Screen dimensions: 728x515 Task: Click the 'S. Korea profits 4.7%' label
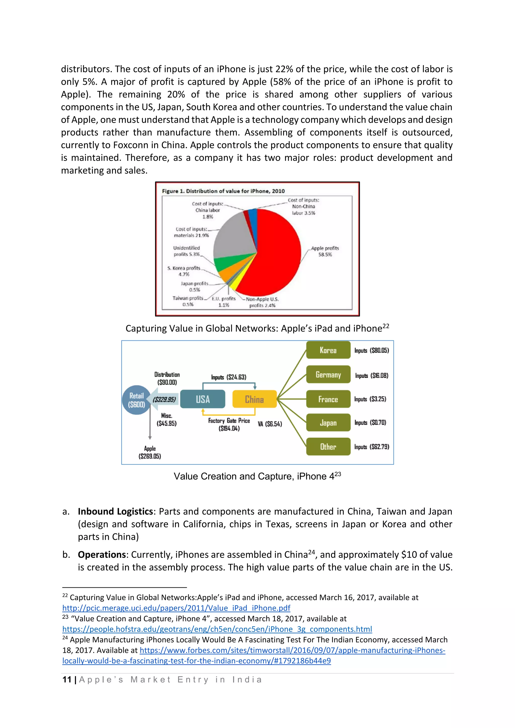(184, 271)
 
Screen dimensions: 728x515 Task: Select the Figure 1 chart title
(223, 191)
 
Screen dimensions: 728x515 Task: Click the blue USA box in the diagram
(203, 399)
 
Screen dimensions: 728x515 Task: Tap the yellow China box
(254, 399)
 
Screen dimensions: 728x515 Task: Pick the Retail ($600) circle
(136, 400)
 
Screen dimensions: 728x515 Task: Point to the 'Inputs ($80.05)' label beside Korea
(372, 350)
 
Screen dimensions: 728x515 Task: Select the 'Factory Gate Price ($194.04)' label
(229, 424)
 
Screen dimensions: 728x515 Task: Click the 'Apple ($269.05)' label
(150, 452)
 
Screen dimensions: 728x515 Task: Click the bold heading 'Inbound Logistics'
(115, 511)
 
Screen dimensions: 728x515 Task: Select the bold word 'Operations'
(102, 554)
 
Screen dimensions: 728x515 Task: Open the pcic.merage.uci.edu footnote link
(176, 608)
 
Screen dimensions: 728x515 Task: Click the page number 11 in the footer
(67, 679)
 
